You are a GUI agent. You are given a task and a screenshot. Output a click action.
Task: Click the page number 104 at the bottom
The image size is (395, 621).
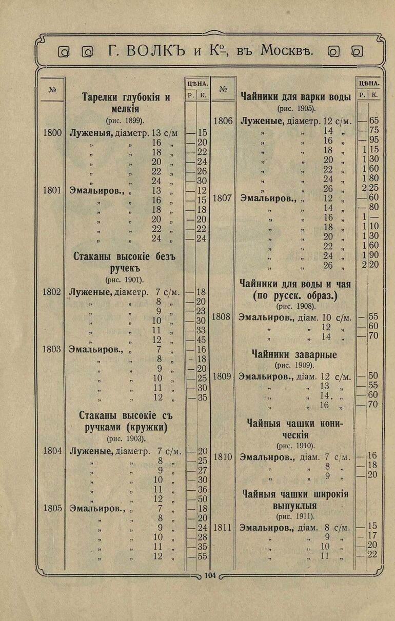210,575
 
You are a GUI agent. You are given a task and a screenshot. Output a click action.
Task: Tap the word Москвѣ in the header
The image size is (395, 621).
287,51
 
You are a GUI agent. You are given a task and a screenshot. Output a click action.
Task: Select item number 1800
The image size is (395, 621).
52,133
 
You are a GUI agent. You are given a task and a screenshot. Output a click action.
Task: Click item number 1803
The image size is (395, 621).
52,349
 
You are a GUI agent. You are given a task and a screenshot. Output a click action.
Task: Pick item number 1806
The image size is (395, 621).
223,122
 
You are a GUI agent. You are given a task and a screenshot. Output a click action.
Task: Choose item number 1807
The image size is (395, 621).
223,198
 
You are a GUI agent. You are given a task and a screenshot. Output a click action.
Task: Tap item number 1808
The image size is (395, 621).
221,317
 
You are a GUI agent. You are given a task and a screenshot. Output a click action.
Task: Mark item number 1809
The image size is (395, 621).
222,376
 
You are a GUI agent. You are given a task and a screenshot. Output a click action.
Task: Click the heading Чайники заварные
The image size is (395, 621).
294,354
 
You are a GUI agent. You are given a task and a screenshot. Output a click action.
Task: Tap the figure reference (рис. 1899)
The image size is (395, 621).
125,121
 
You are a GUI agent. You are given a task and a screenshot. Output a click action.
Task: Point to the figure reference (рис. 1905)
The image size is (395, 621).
296,109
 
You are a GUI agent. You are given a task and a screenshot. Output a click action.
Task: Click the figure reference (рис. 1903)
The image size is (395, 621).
126,439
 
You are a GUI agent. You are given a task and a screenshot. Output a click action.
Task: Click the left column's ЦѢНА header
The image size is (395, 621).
197,83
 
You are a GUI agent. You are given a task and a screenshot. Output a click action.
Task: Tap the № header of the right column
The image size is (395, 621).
223,89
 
